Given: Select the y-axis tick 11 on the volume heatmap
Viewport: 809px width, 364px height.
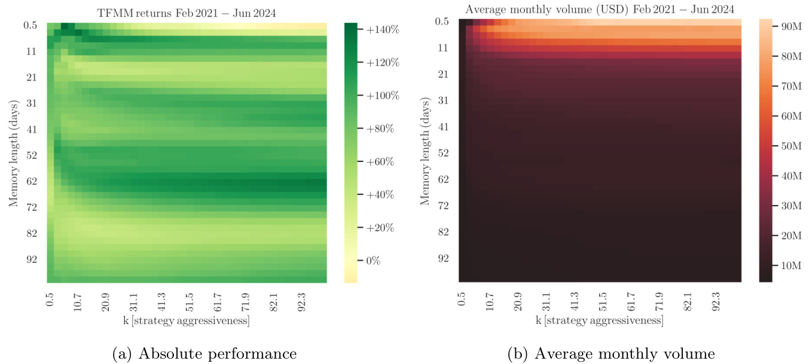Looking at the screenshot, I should [443, 48].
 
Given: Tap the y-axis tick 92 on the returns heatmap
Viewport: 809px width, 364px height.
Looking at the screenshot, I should [30, 259].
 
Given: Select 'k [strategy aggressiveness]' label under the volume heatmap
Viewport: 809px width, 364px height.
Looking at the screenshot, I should [599, 320].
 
